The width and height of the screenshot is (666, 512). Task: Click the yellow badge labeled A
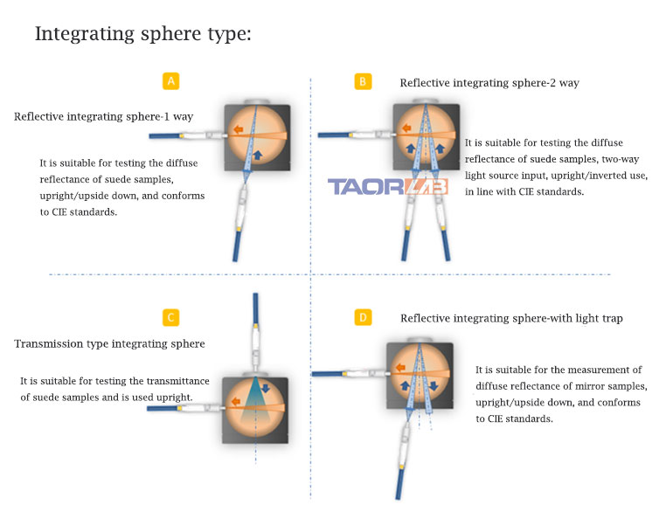point(171,81)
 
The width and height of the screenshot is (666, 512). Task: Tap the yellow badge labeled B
point(363,81)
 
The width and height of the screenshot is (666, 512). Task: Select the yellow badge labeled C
point(171,317)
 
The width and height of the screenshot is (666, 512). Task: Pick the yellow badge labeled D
point(363,316)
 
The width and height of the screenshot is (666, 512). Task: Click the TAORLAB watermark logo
point(387,186)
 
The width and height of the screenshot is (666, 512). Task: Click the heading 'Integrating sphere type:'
point(143,34)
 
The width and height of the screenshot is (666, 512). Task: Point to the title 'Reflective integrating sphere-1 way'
point(103,116)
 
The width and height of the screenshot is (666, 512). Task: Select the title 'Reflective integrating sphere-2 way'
point(489,83)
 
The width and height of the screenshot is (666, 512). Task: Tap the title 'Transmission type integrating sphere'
point(109,343)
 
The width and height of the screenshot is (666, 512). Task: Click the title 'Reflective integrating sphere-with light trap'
point(511,318)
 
